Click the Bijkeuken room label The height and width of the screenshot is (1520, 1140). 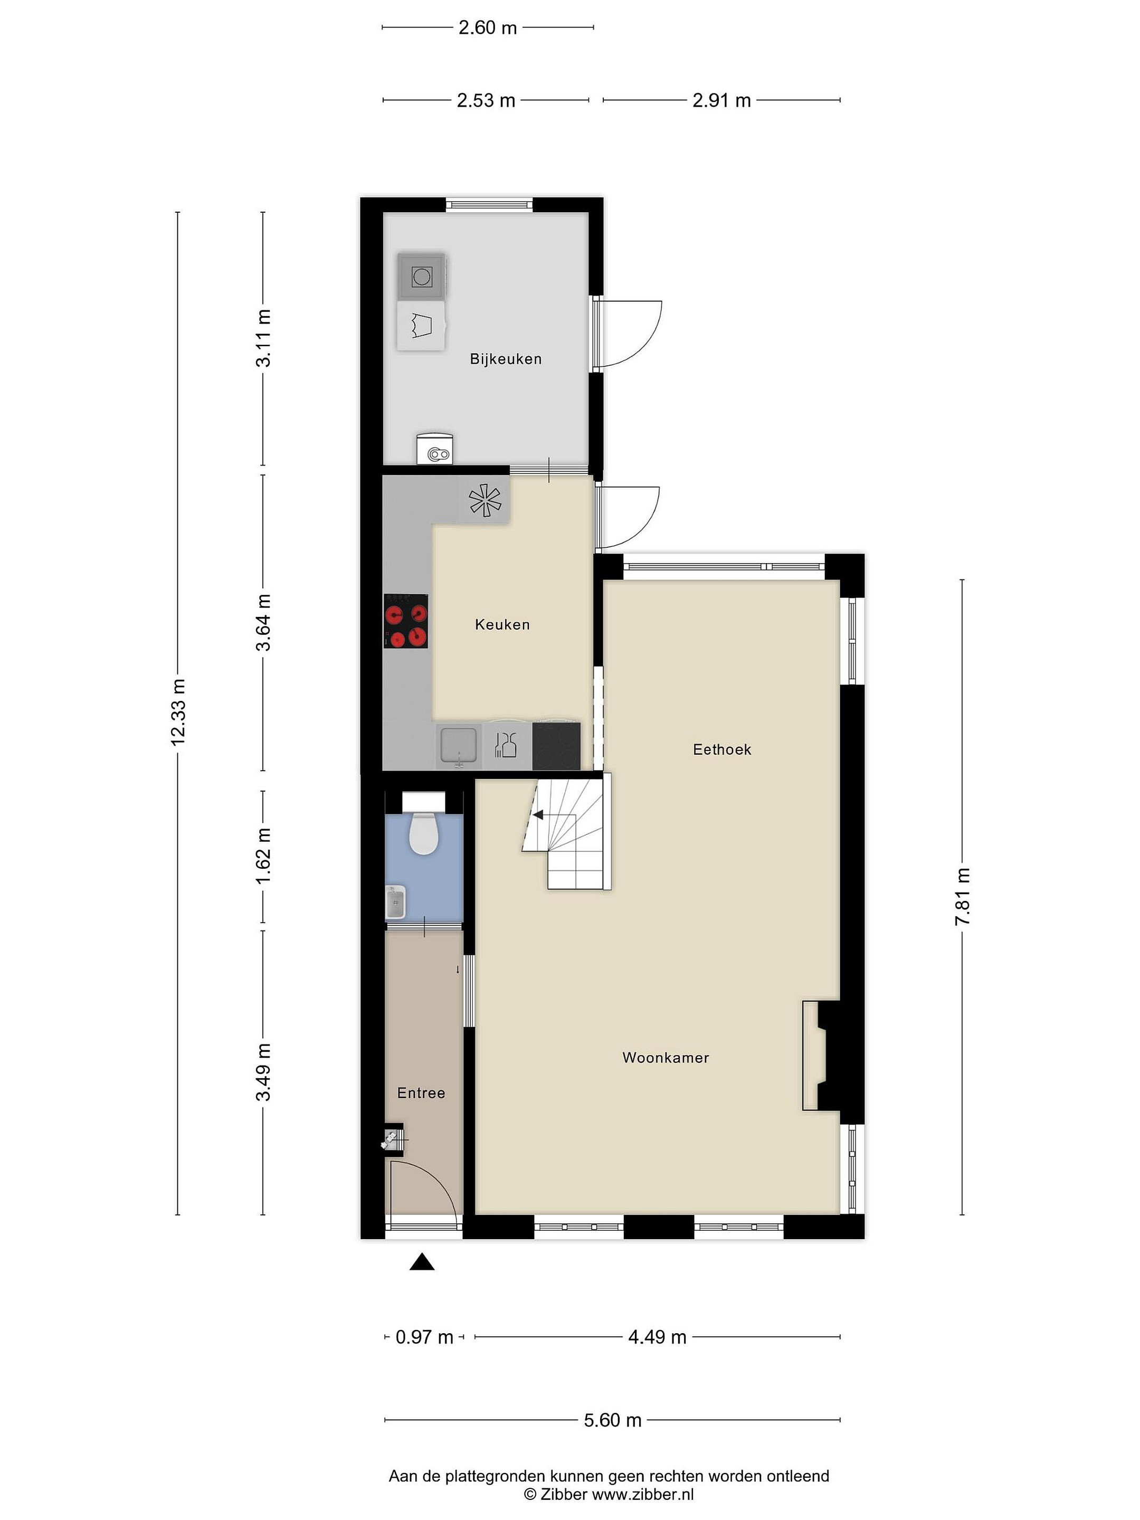[x=506, y=359]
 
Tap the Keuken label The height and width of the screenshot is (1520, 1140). [x=502, y=625]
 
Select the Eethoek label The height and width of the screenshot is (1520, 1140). [x=721, y=749]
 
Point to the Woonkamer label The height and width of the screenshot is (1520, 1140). [x=665, y=1058]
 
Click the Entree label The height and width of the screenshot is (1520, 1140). [x=421, y=1092]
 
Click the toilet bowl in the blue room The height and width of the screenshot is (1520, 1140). [x=423, y=833]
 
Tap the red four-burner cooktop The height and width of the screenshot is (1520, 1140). [x=406, y=621]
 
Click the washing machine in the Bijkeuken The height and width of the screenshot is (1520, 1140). [x=421, y=276]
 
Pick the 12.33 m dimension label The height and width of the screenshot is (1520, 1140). [x=178, y=712]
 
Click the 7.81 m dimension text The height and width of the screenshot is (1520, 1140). [x=962, y=896]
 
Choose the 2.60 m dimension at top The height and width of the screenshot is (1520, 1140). [x=487, y=27]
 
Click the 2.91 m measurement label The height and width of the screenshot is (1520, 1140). [x=721, y=100]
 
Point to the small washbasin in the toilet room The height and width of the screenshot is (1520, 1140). [x=395, y=902]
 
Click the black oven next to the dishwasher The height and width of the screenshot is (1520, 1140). [x=556, y=746]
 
